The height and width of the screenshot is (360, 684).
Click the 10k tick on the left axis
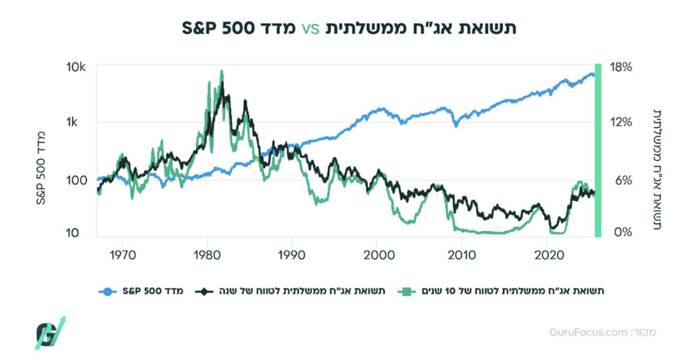[77, 67]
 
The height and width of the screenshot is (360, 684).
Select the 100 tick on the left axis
[77, 179]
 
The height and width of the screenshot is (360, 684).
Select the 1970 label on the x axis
[122, 254]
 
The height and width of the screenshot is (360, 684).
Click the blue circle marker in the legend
[106, 291]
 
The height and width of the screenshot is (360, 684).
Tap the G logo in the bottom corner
[50, 332]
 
